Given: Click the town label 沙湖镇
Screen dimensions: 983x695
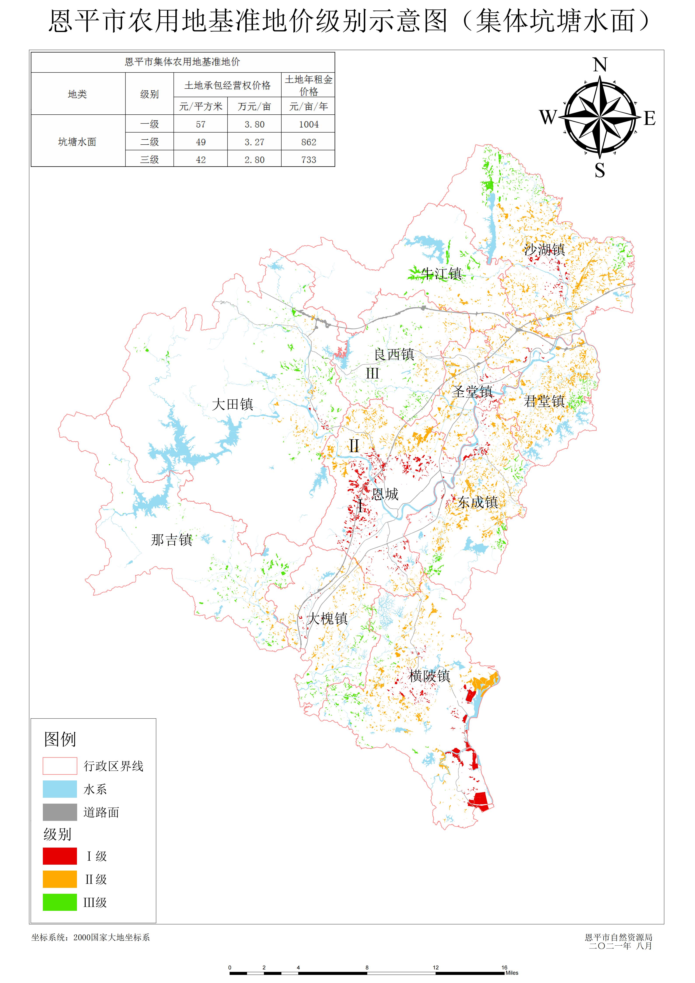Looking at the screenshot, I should [544, 250].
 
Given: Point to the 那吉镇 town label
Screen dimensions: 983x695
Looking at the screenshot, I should [171, 540].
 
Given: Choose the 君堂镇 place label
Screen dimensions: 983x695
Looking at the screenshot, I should [544, 401].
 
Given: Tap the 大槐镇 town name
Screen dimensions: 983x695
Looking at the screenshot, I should [327, 619].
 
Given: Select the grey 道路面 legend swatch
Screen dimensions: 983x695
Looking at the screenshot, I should [60, 812].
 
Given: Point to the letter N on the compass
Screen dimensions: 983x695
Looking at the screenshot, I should [600, 65].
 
